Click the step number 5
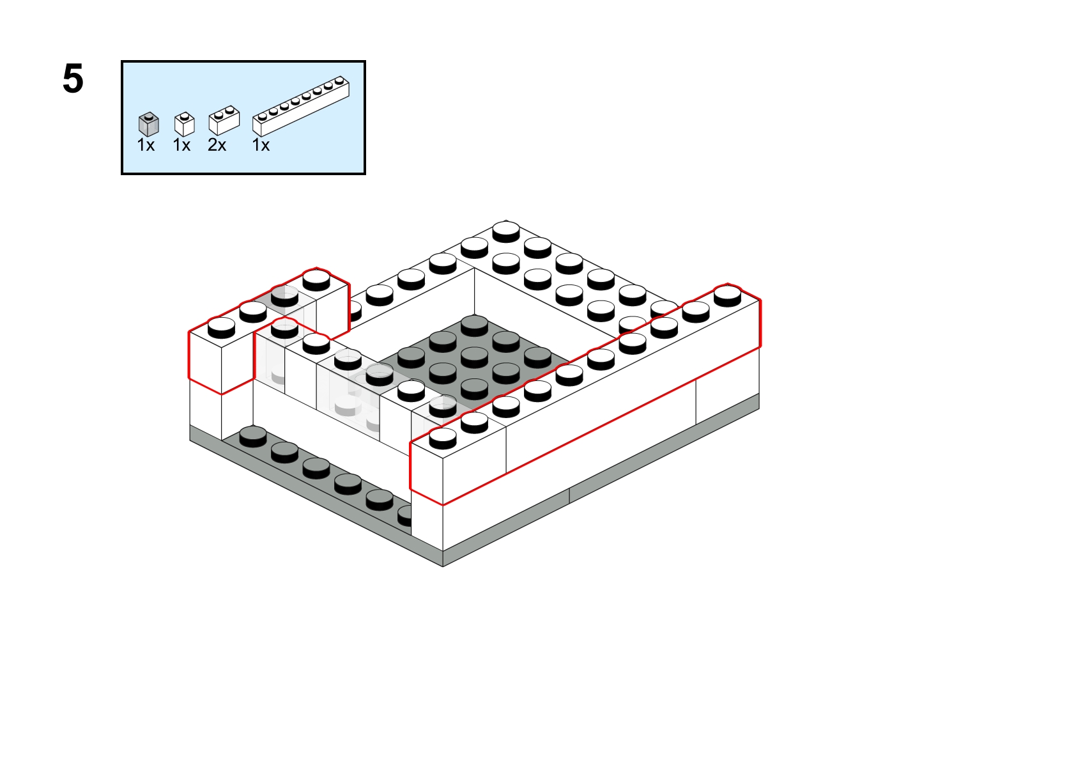coord(73,79)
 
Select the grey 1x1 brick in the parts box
coord(148,124)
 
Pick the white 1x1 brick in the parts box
coord(185,124)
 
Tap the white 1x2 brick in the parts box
coord(224,120)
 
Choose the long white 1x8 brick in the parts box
coord(301,106)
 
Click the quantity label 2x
coord(217,145)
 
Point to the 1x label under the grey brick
coord(146,145)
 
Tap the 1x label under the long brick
coord(261,145)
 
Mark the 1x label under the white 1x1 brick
coord(181,145)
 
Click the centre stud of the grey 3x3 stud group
coord(474,357)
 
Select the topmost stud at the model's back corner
coord(506,231)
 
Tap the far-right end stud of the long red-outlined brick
coord(727,295)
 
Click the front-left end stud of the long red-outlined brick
coord(442,438)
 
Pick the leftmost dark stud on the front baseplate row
coord(252,436)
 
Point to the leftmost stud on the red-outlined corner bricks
coord(221,327)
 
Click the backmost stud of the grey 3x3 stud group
coord(474,325)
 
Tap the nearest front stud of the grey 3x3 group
coord(474,389)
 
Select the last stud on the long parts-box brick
coord(340,81)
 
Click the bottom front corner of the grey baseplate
coord(442,566)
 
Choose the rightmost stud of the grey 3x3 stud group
coord(537,357)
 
